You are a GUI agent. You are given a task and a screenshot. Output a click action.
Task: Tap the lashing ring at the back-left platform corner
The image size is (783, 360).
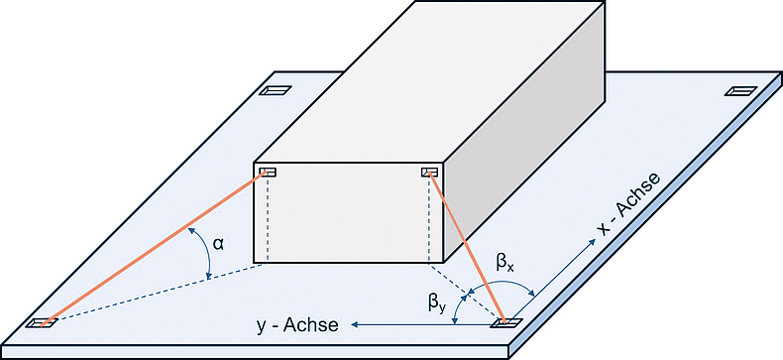[x=275, y=91]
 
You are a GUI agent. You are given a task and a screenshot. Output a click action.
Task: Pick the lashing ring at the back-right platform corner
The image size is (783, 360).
[x=739, y=91]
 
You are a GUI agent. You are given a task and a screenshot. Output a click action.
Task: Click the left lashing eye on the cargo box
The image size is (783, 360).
[x=269, y=174]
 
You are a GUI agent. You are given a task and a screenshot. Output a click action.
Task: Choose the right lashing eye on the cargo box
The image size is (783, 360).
[x=430, y=174]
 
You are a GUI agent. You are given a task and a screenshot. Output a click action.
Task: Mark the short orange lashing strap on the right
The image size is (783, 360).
[x=468, y=249]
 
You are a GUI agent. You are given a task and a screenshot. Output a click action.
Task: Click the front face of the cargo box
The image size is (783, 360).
[x=347, y=213]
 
